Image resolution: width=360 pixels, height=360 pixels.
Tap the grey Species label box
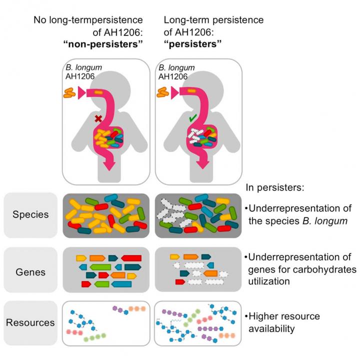30,215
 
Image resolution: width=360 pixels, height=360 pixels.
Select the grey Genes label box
30,272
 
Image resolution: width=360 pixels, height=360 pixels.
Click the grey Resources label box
30,322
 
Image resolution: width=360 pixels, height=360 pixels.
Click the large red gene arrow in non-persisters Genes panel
130,258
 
